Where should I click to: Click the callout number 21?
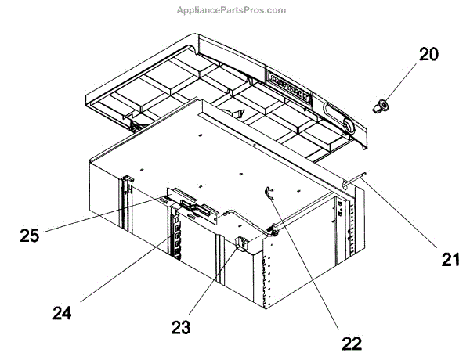(x=447, y=260)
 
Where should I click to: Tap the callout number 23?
(x=181, y=328)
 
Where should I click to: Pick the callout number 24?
(x=62, y=313)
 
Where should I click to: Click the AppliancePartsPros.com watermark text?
(x=234, y=10)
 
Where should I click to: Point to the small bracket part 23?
(x=242, y=244)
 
